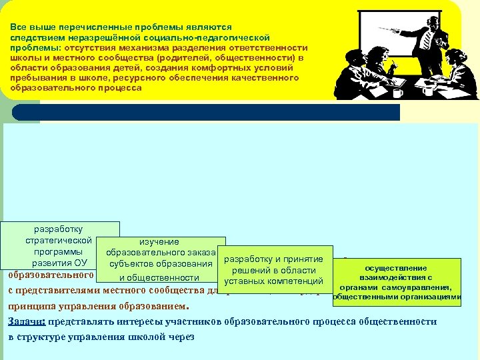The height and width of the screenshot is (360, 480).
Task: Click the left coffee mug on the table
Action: pyautogui.click(x=398, y=92)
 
